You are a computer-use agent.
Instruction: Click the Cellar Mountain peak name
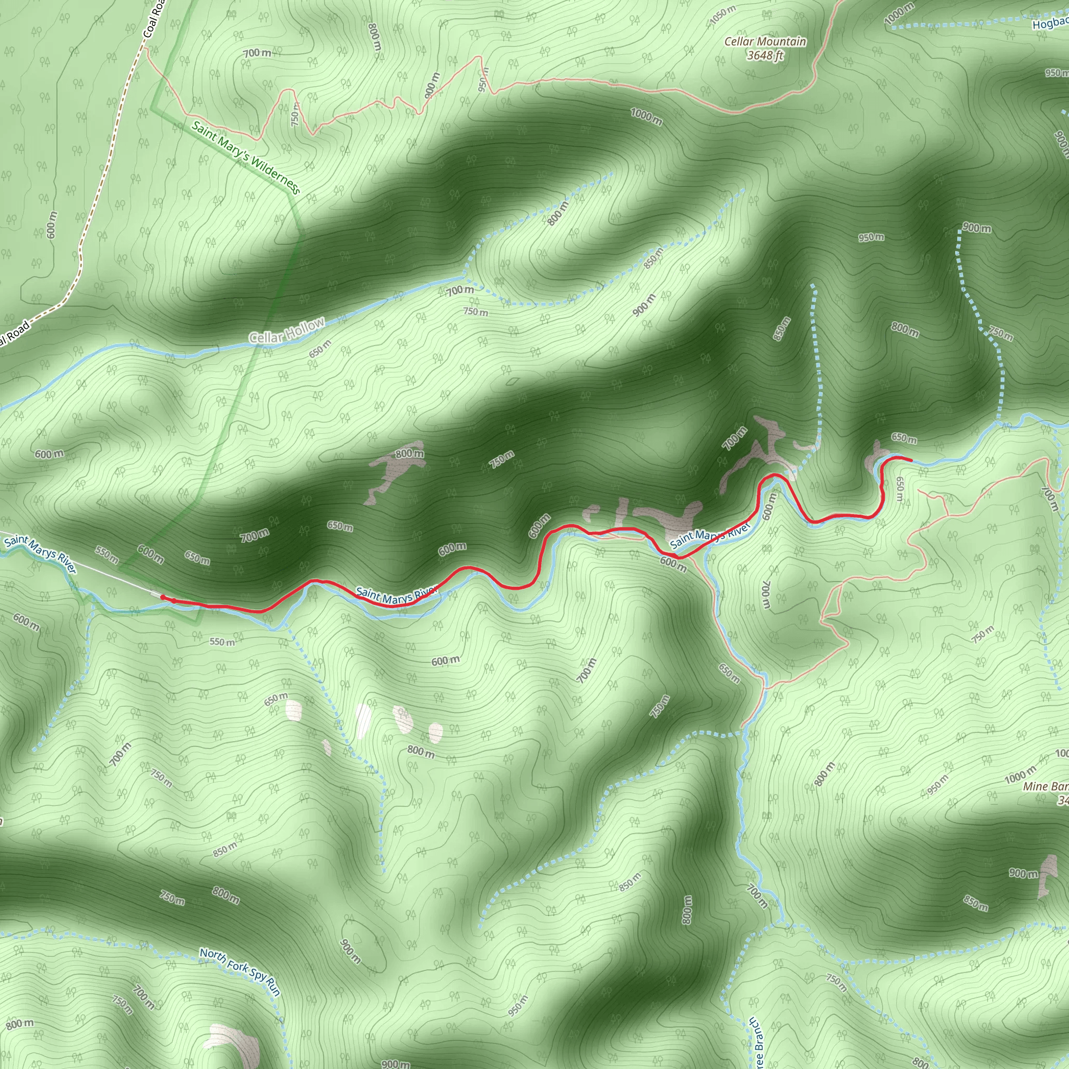pos(765,42)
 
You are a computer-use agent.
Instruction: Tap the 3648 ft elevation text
pos(765,55)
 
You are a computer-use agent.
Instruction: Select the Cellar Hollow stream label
pos(287,331)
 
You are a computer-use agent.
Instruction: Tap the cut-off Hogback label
pos(1050,23)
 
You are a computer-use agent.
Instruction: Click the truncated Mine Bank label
pos(1044,786)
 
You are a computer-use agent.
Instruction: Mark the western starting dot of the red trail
pos(163,597)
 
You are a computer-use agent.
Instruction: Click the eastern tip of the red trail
pos(911,460)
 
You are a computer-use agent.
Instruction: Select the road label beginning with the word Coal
pos(154,19)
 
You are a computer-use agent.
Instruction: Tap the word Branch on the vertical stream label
pos(758,1040)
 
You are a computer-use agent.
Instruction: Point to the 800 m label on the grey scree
pos(409,454)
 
